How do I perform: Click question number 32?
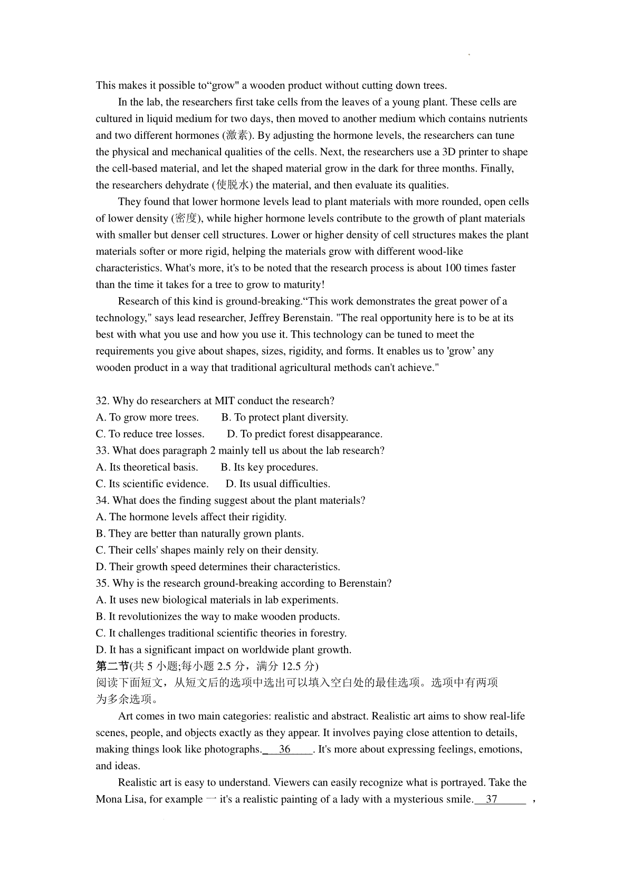[x=102, y=401]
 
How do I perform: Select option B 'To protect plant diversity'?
[x=285, y=417]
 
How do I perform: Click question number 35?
[x=102, y=584]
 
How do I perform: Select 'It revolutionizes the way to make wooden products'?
[x=218, y=617]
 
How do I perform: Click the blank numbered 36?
[x=285, y=750]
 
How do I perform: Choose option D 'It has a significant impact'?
[x=224, y=650]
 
